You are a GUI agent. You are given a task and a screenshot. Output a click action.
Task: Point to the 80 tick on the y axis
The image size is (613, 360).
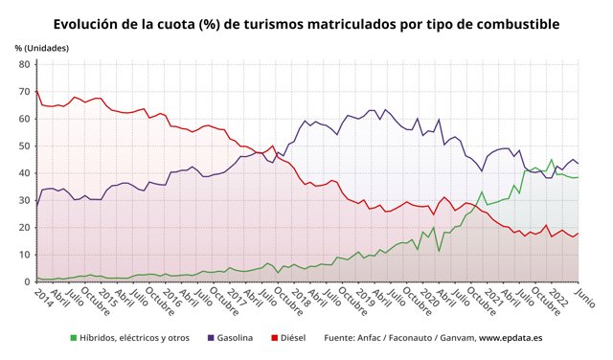(24, 65)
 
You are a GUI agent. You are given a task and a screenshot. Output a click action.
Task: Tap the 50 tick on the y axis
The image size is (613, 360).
(24, 146)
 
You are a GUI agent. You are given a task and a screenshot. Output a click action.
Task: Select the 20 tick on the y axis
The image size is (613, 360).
(24, 228)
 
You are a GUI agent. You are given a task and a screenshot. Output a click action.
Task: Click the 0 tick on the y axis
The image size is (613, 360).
(27, 281)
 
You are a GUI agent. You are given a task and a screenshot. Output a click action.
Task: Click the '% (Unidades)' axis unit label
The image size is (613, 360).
(40, 47)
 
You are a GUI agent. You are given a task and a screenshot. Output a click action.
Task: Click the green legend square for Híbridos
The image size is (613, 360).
(75, 338)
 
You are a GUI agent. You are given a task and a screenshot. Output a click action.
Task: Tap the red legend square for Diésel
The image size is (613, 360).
(275, 338)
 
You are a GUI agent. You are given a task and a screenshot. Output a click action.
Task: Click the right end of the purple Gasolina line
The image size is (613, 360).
(578, 164)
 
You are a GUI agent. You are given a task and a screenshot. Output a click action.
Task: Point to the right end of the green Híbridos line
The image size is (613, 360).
(578, 177)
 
